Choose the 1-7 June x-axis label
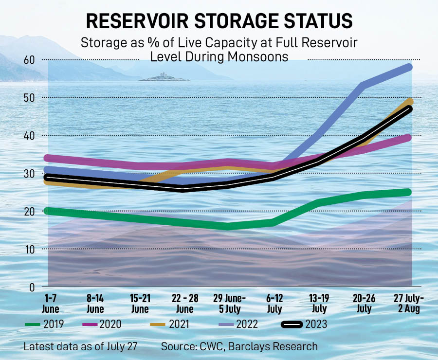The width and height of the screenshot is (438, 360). tap(50, 303)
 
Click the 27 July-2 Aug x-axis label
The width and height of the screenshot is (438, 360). tap(408, 303)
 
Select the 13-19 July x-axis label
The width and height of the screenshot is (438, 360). tap(319, 303)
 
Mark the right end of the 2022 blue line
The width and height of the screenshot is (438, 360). tap(409, 67)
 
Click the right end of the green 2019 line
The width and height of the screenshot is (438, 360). tap(409, 192)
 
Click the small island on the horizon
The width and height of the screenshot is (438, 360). tap(159, 77)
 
